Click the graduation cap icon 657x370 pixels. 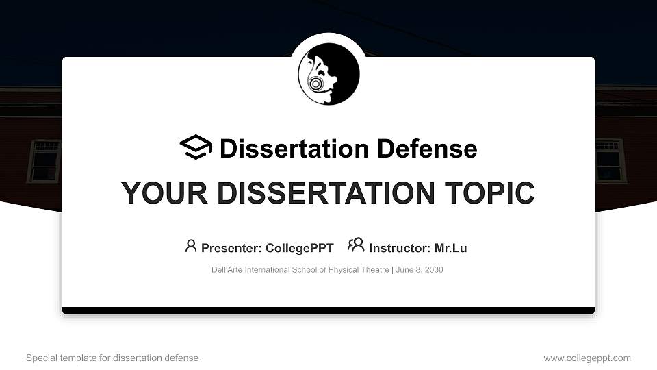[196, 147]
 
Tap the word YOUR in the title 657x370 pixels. [157, 193]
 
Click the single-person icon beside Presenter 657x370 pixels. [191, 246]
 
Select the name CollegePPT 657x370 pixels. [300, 248]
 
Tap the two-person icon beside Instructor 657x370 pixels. [356, 245]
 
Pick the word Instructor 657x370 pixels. [399, 248]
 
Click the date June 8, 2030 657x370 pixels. [420, 270]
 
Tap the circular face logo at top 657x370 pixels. [328, 74]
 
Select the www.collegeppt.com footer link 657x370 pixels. [587, 358]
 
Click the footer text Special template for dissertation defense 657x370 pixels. [112, 358]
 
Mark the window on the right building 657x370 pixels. [610, 160]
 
